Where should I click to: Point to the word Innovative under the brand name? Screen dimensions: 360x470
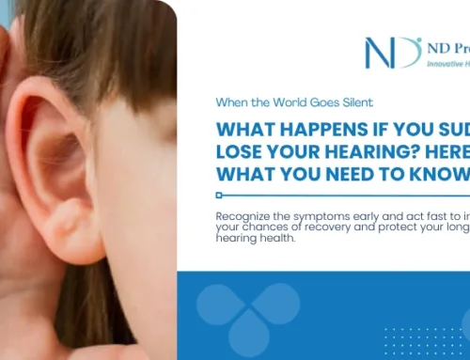click(x=442, y=63)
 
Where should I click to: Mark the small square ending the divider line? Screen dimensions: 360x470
click(x=219, y=196)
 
